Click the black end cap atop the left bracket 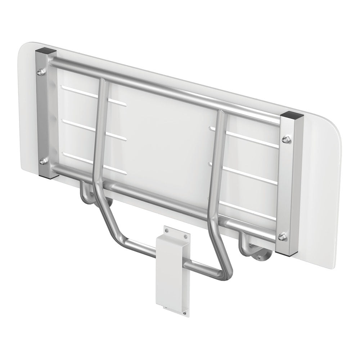pos(45,53)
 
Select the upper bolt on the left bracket pos(40,73)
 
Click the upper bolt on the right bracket pos(287,139)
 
